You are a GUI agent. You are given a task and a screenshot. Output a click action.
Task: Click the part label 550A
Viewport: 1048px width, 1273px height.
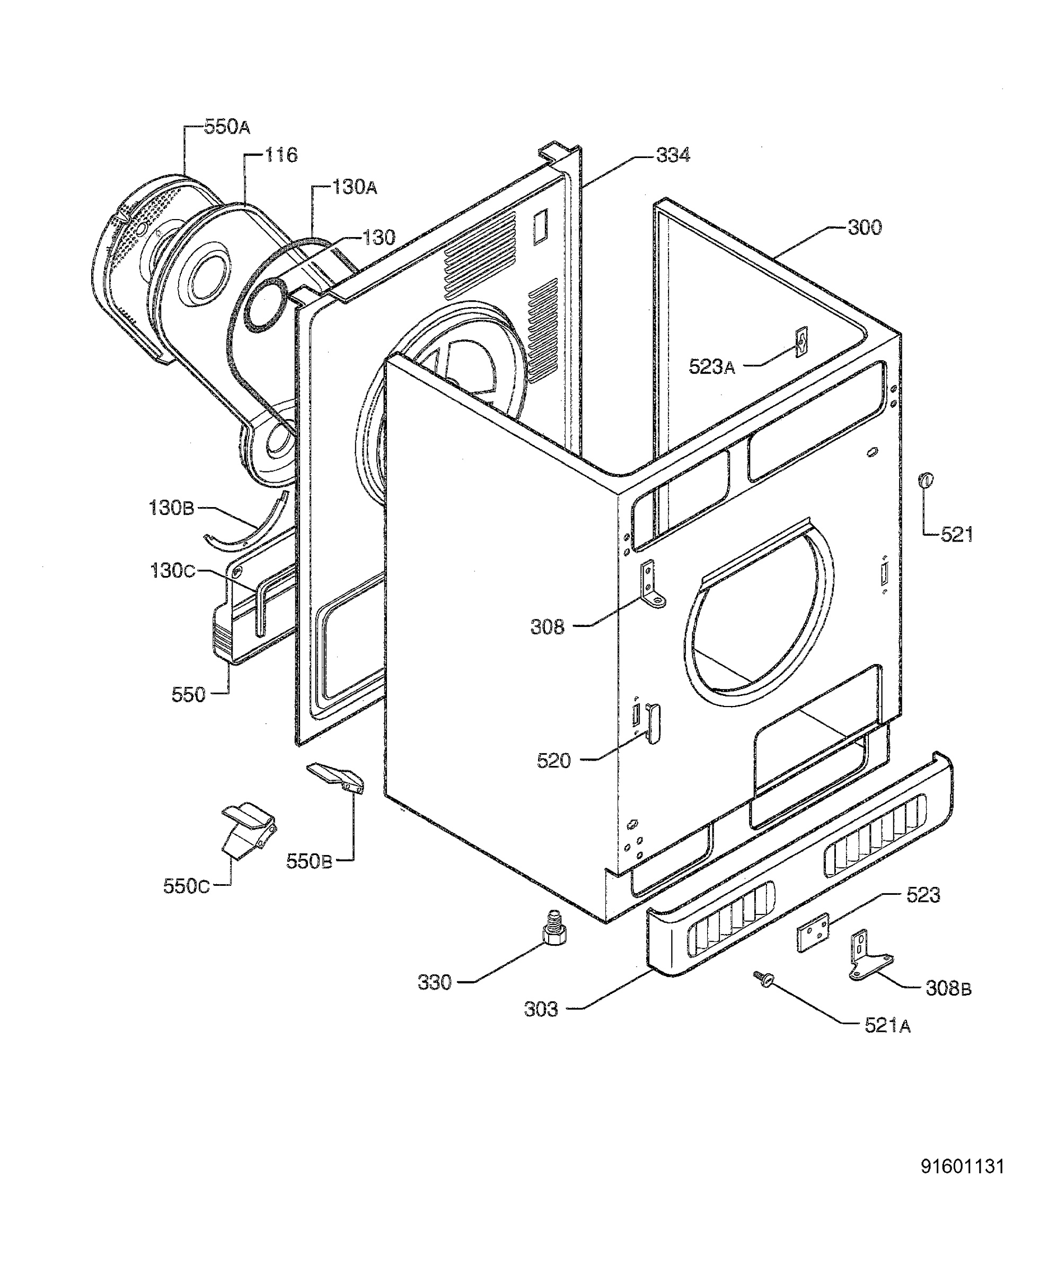227,127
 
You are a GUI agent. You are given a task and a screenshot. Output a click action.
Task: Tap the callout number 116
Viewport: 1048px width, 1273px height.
281,155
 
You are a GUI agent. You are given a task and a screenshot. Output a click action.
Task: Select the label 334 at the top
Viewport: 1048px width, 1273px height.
673,155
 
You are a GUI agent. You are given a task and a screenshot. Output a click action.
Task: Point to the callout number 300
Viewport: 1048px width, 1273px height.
865,228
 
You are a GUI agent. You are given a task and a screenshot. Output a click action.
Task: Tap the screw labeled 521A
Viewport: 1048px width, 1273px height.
762,979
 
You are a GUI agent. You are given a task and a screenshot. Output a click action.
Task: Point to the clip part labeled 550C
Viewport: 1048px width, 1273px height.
249,830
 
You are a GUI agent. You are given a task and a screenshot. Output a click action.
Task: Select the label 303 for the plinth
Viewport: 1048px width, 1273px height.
541,1009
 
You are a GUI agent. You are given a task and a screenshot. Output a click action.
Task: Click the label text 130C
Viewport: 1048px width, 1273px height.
173,570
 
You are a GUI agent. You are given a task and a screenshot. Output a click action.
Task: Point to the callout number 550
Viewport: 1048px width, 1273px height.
188,695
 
